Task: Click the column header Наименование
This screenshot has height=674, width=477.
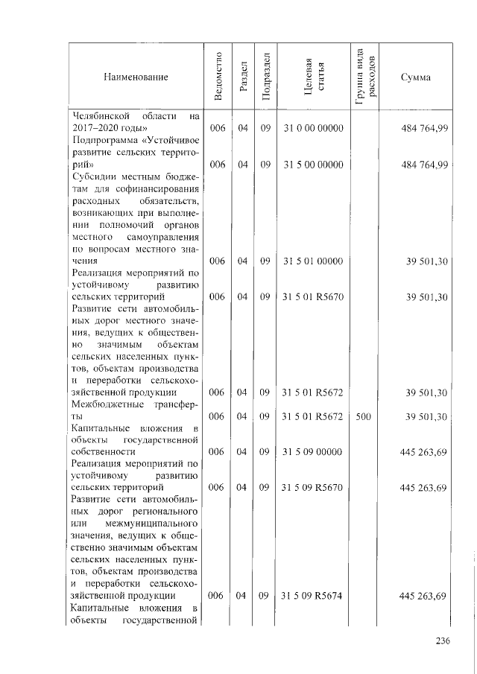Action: [x=136, y=77]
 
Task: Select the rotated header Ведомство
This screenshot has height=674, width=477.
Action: [x=218, y=76]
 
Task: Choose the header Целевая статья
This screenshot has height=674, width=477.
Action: [x=313, y=76]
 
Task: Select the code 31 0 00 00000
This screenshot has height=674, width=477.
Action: [x=313, y=128]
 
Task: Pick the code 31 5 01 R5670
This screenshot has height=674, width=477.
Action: [x=313, y=297]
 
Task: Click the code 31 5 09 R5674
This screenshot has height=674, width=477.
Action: [x=313, y=595]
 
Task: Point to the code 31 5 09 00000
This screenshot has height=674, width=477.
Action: [x=313, y=451]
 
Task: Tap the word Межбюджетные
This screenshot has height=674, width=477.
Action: [x=104, y=404]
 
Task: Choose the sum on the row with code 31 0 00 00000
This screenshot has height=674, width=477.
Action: [x=423, y=128]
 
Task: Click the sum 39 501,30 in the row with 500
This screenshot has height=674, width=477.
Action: [x=426, y=416]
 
